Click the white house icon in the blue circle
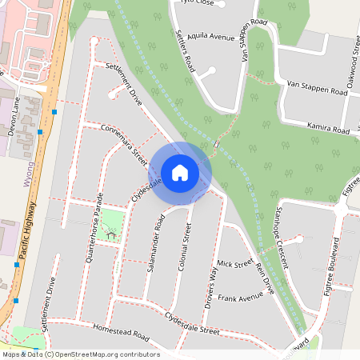pyautogui.click(x=180, y=172)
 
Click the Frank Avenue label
pyautogui.click(x=240, y=298)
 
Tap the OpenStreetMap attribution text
pyautogui.click(x=80, y=354)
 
